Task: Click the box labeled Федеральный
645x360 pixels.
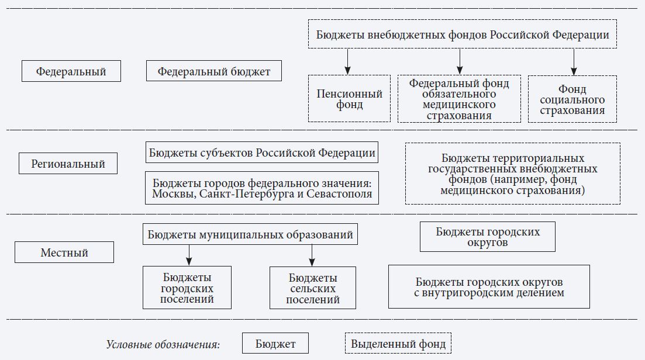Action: [71, 71]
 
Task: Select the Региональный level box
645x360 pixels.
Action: [68, 164]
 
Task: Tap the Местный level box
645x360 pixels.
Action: [64, 252]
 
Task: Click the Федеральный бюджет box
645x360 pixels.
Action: [213, 71]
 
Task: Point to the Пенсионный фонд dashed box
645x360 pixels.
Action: [349, 99]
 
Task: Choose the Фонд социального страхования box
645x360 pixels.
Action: [572, 99]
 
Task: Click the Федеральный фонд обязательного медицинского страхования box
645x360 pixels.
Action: [458, 99]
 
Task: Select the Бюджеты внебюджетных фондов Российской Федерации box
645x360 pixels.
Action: [462, 34]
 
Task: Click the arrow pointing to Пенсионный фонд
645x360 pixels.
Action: [348, 61]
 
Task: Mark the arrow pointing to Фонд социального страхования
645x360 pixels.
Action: [574, 61]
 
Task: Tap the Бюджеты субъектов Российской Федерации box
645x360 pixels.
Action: [261, 153]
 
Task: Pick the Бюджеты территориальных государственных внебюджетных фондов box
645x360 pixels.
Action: [512, 174]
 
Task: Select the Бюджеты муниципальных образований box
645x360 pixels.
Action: [250, 234]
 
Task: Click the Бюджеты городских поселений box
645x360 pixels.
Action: [187, 288]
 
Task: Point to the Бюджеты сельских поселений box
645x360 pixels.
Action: [313, 288]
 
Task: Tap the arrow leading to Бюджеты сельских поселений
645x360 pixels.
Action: [312, 255]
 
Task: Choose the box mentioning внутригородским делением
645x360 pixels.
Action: [489, 286]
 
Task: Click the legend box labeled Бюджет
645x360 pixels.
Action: [275, 344]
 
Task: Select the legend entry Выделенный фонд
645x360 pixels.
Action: [398, 344]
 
